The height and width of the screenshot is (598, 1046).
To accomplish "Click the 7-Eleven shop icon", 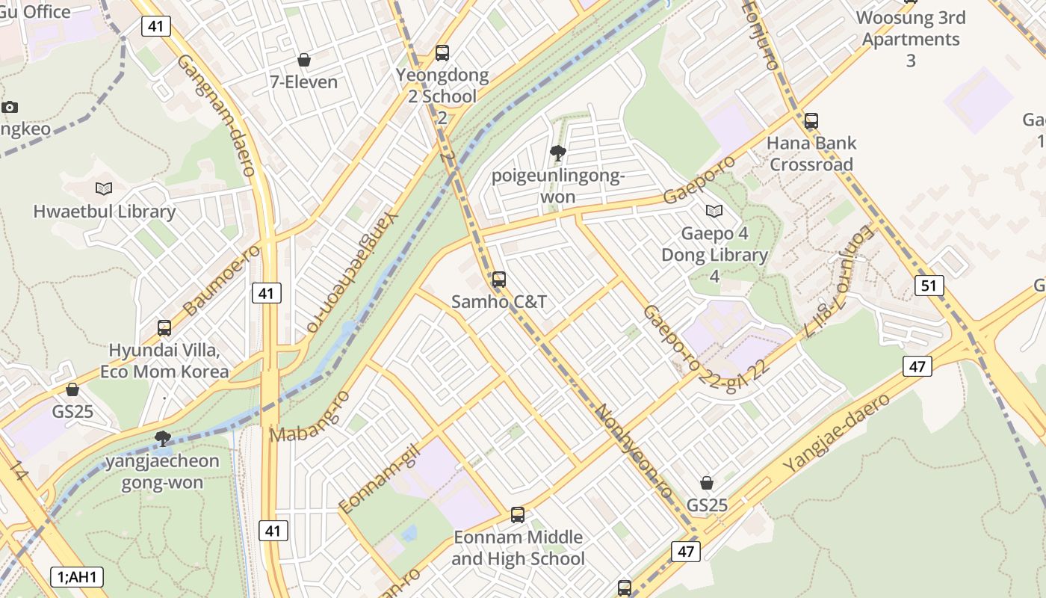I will click(x=304, y=60).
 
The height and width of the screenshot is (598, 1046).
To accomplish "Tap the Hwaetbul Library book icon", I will click(x=104, y=188).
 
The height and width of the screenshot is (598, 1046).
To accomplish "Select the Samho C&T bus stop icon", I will click(x=499, y=280).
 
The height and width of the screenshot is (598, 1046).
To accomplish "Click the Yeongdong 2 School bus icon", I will click(x=442, y=53).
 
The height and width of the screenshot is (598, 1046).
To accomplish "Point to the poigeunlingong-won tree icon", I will click(x=557, y=154).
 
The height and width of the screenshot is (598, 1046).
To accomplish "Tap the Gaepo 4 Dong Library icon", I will click(x=714, y=212).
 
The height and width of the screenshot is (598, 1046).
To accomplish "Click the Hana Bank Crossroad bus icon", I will click(x=811, y=120).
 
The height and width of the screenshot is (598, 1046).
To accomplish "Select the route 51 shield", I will click(x=929, y=286).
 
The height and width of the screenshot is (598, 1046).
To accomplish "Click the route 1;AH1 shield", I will click(x=78, y=577).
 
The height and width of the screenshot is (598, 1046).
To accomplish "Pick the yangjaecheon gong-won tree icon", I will click(x=163, y=438).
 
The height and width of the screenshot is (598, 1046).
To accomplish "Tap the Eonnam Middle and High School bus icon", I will click(x=518, y=514).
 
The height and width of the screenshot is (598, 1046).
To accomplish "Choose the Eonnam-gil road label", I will click(x=380, y=478).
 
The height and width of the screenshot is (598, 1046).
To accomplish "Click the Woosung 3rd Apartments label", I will click(x=910, y=28).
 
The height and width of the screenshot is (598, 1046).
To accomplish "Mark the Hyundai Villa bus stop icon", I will click(x=164, y=327).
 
